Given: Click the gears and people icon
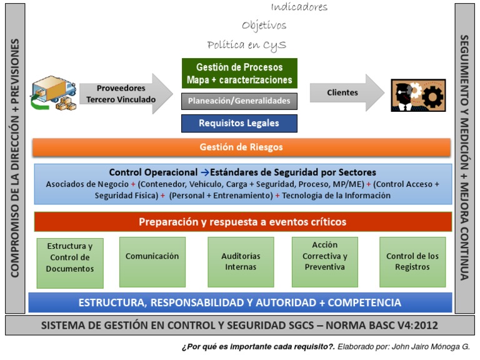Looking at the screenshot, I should (418, 95).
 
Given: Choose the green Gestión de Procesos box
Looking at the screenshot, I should (239, 74).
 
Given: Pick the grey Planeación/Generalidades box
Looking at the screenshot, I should (239, 101).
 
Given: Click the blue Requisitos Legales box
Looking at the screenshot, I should (239, 123).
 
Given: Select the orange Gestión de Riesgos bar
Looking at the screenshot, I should (241, 147).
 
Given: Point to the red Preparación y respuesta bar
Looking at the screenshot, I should (242, 222).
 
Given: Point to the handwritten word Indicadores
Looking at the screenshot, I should (299, 7).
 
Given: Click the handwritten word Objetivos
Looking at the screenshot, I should (264, 26).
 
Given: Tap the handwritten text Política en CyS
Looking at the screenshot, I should (247, 45).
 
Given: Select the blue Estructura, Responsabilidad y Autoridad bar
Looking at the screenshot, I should (240, 303).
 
